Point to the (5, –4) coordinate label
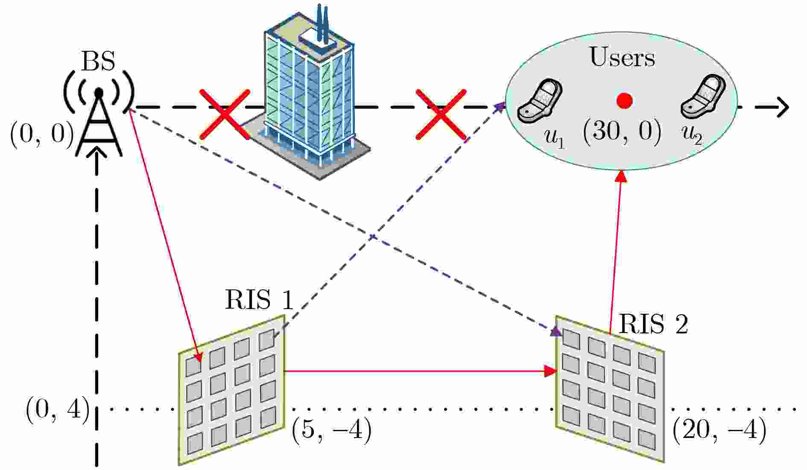332,431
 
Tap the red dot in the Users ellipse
624,101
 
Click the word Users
622,57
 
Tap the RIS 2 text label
653,324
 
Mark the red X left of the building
225,114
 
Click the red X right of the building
441,114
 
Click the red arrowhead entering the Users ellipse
623,176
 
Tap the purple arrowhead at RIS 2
556,331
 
